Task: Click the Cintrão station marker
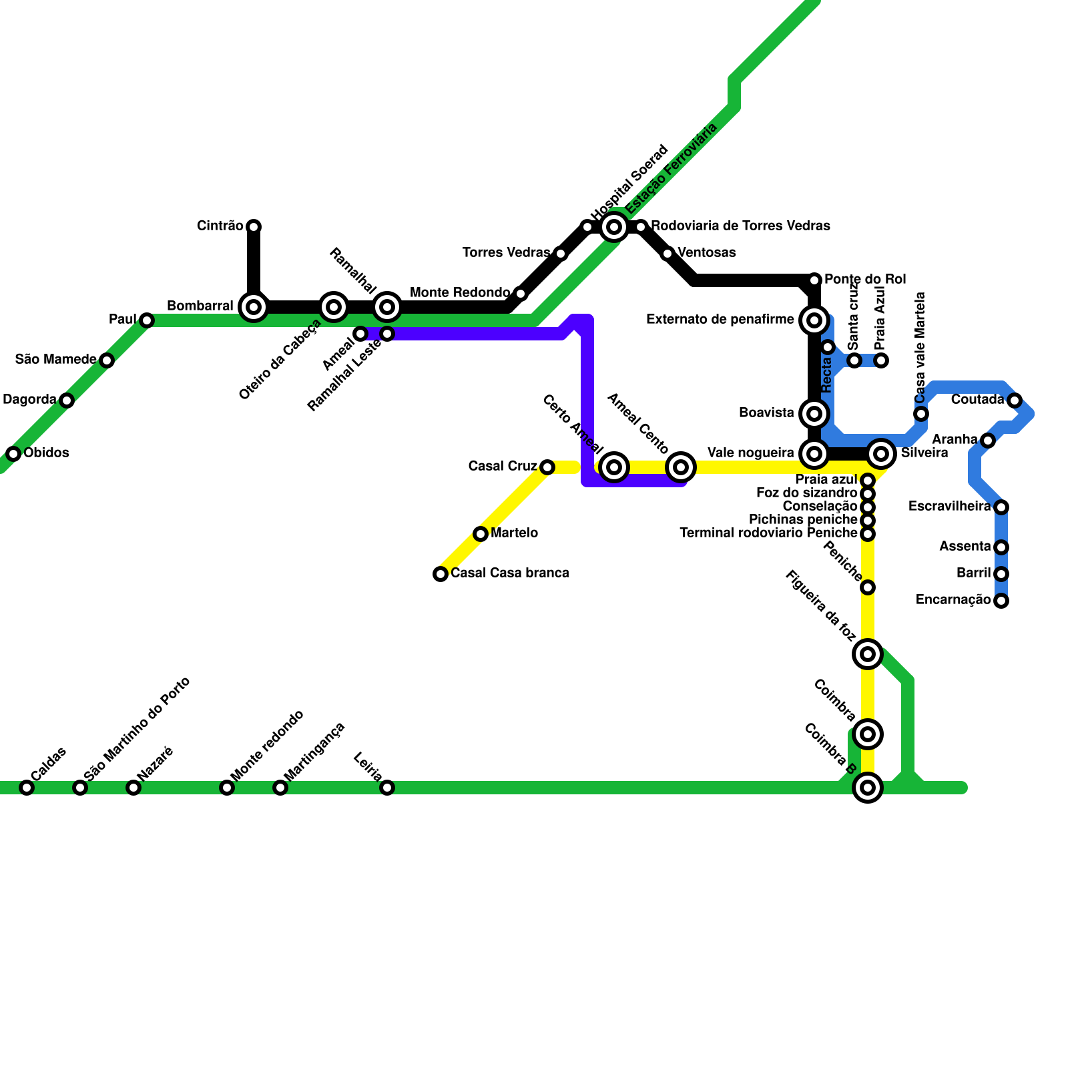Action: (x=254, y=227)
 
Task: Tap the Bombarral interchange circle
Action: (x=254, y=307)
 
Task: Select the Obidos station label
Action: (x=46, y=453)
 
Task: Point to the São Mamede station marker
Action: (x=107, y=360)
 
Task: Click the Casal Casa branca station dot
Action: (x=441, y=574)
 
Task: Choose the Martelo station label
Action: (x=514, y=533)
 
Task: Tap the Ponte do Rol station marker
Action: (x=814, y=280)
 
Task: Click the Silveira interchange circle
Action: (x=881, y=454)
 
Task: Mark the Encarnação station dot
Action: (x=1001, y=601)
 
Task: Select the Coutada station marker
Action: (x=1015, y=400)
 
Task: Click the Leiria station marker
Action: (x=387, y=788)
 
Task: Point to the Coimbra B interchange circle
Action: (x=868, y=788)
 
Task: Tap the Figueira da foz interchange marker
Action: (x=868, y=654)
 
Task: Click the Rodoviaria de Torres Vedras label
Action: (x=740, y=226)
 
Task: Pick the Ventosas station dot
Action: (x=667, y=254)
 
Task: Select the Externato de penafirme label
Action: (x=720, y=320)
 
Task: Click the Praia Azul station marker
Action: (x=881, y=360)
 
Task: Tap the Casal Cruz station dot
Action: (x=547, y=467)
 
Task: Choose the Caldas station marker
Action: (x=27, y=788)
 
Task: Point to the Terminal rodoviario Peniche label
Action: (x=768, y=533)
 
